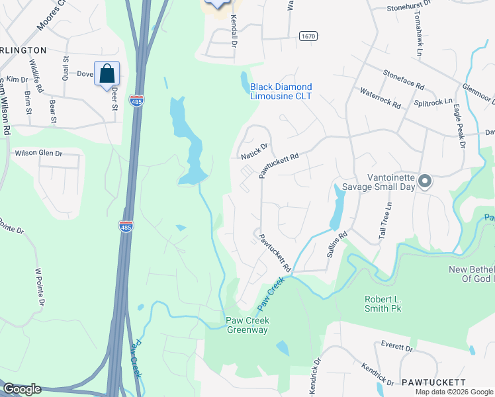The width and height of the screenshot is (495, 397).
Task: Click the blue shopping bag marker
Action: click(x=107, y=74)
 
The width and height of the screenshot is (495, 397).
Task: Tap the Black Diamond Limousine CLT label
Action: click(x=281, y=91)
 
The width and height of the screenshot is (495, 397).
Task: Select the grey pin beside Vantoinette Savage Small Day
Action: click(x=426, y=181)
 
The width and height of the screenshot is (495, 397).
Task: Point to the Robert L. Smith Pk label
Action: click(x=392, y=304)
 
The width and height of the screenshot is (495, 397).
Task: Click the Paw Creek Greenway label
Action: click(x=247, y=326)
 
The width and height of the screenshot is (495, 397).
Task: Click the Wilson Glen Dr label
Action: click(x=38, y=153)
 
